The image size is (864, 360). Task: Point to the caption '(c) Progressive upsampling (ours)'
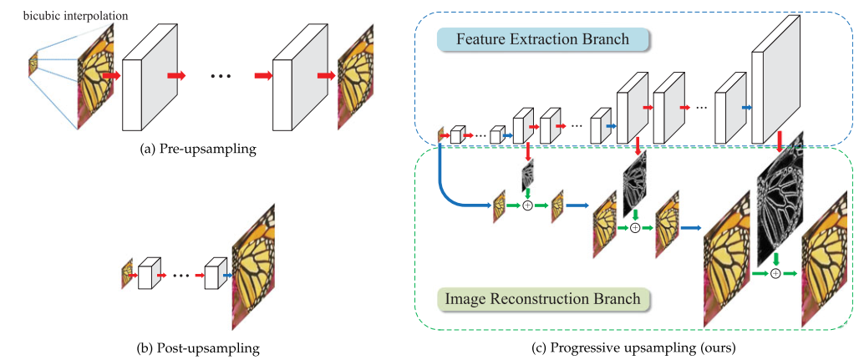(x=637, y=344)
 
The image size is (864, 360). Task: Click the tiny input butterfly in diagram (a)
(x=33, y=63)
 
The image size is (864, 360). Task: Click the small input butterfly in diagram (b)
(x=127, y=272)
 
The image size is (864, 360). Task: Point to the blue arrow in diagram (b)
(x=226, y=273)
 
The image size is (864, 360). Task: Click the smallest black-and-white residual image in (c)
(x=527, y=175)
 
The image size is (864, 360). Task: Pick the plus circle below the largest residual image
(x=777, y=273)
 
